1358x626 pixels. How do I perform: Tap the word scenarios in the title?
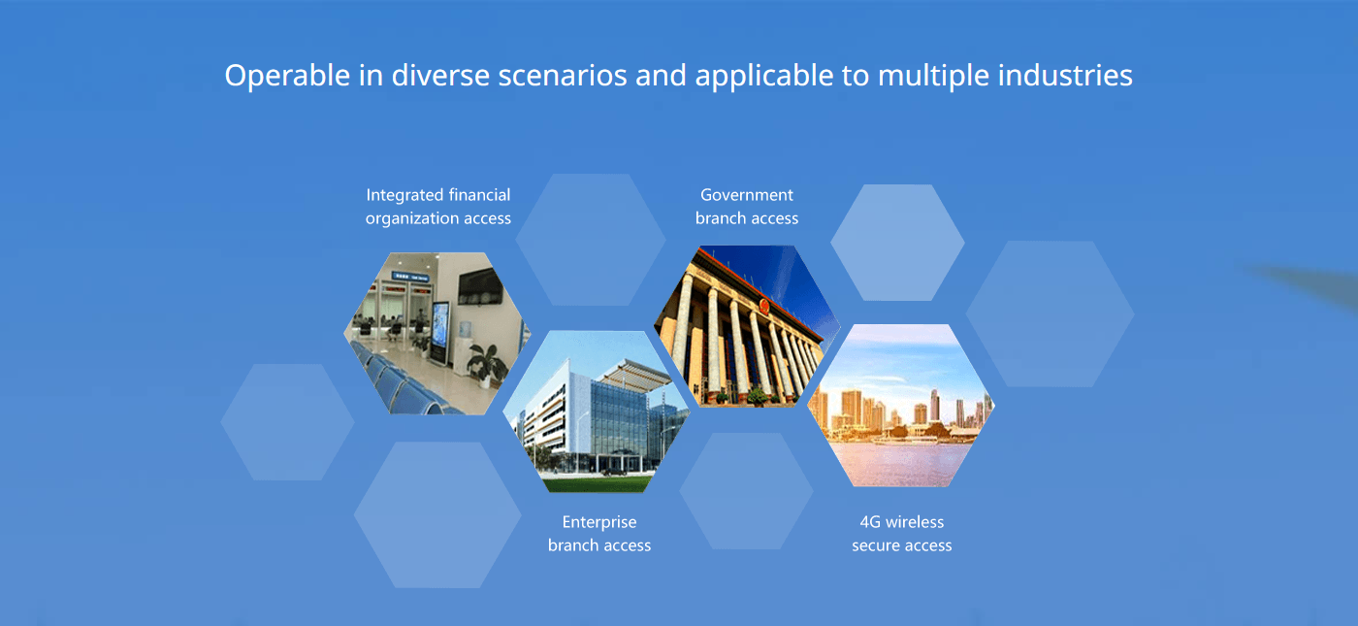[x=562, y=76]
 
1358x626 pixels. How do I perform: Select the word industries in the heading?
[x=1065, y=76]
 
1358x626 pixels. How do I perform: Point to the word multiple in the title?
[x=933, y=77]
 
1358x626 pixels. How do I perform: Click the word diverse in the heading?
[x=440, y=76]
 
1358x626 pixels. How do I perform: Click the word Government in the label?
[x=746, y=195]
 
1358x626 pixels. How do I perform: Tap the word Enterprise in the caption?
[x=599, y=523]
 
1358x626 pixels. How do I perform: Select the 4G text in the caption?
[x=870, y=522]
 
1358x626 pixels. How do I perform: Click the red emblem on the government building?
[x=764, y=308]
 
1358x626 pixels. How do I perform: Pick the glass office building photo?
[x=597, y=412]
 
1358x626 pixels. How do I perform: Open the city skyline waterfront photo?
[x=901, y=406]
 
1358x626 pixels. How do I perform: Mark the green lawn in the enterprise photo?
[x=596, y=483]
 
